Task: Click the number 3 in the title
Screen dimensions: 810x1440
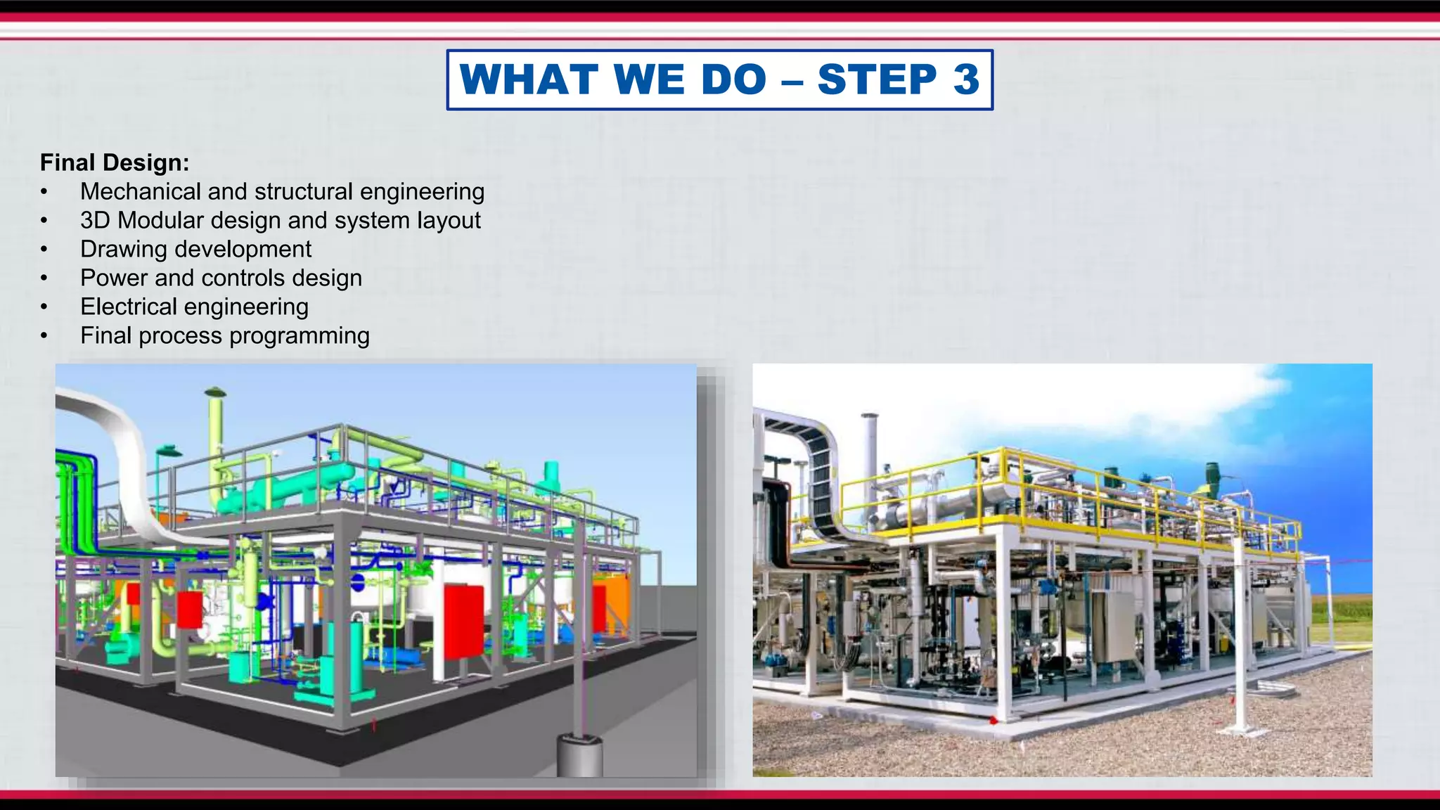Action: coord(966,79)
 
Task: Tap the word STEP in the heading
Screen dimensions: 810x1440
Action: coord(877,79)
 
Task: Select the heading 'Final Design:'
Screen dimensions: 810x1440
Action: coord(115,162)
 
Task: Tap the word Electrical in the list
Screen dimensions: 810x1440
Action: coord(129,307)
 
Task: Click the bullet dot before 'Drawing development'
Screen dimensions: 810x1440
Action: coord(44,250)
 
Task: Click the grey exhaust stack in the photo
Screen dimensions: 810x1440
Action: coord(870,450)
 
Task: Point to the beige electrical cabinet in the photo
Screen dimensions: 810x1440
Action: coord(1114,626)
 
